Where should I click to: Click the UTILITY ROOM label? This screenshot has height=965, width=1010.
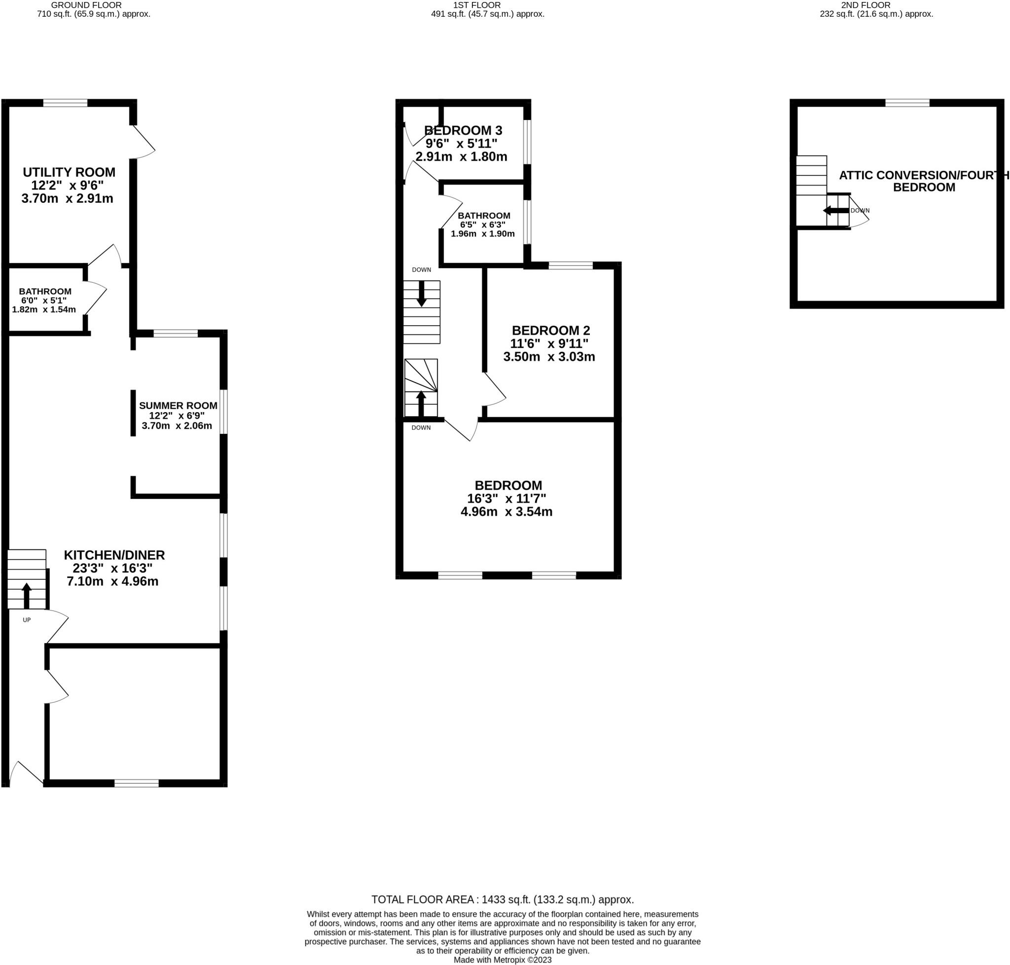(69, 172)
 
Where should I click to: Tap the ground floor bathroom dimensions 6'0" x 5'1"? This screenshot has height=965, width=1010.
(44, 301)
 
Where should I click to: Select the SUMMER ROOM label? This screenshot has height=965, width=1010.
(178, 405)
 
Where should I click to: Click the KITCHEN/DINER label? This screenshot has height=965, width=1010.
(114, 555)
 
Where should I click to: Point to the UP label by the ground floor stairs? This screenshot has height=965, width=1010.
(27, 620)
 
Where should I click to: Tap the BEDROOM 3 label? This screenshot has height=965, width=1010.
(463, 130)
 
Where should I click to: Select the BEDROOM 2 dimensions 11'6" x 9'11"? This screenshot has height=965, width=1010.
(548, 343)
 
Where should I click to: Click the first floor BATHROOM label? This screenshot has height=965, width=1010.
(484, 216)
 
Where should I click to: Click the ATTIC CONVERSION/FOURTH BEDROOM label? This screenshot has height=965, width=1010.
(923, 181)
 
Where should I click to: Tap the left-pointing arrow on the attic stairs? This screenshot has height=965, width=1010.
(835, 210)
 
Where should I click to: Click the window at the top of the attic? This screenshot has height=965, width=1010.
(907, 103)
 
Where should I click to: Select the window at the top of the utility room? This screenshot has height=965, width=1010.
(65, 103)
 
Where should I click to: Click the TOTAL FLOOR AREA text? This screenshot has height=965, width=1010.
(502, 900)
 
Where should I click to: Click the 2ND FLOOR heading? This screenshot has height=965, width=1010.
(876, 5)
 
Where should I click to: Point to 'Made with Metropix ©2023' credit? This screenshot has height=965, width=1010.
(502, 960)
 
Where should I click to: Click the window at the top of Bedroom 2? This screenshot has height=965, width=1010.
(570, 266)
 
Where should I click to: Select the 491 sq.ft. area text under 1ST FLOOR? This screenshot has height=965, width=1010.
(487, 14)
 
